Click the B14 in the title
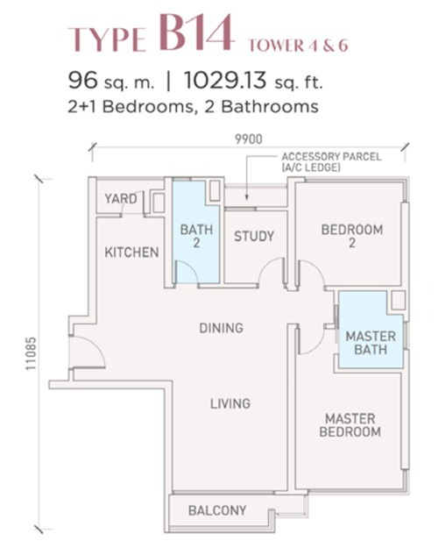pyautogui.click(x=196, y=32)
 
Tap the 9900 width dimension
pyautogui.click(x=249, y=139)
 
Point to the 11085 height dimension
pyautogui.click(x=32, y=353)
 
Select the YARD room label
pyautogui.click(x=121, y=198)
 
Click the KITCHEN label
pyautogui.click(x=131, y=253)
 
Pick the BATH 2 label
pyautogui.click(x=196, y=236)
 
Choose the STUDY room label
pyautogui.click(x=254, y=236)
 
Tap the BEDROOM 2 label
pyautogui.click(x=352, y=236)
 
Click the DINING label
pyautogui.click(x=222, y=328)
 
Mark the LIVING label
pyautogui.click(x=230, y=403)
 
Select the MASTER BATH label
pyautogui.click(x=371, y=343)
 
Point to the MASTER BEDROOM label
pyautogui.click(x=350, y=425)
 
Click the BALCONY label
pyautogui.click(x=217, y=510)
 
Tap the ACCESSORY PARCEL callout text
pyautogui.click(x=331, y=161)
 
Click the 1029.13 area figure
pyautogui.click(x=225, y=81)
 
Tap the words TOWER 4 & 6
pyautogui.click(x=298, y=46)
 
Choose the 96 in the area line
pyautogui.click(x=82, y=81)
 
